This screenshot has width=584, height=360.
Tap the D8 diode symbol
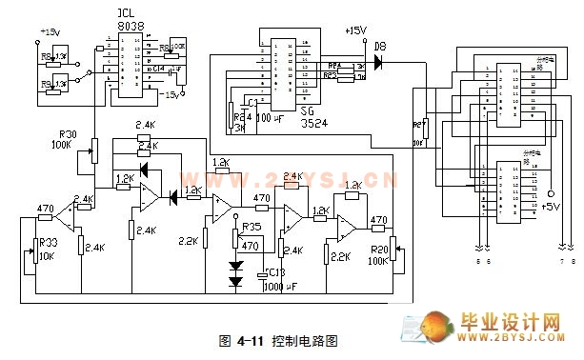pyautogui.click(x=379, y=63)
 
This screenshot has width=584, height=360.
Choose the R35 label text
pyautogui.click(x=252, y=228)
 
